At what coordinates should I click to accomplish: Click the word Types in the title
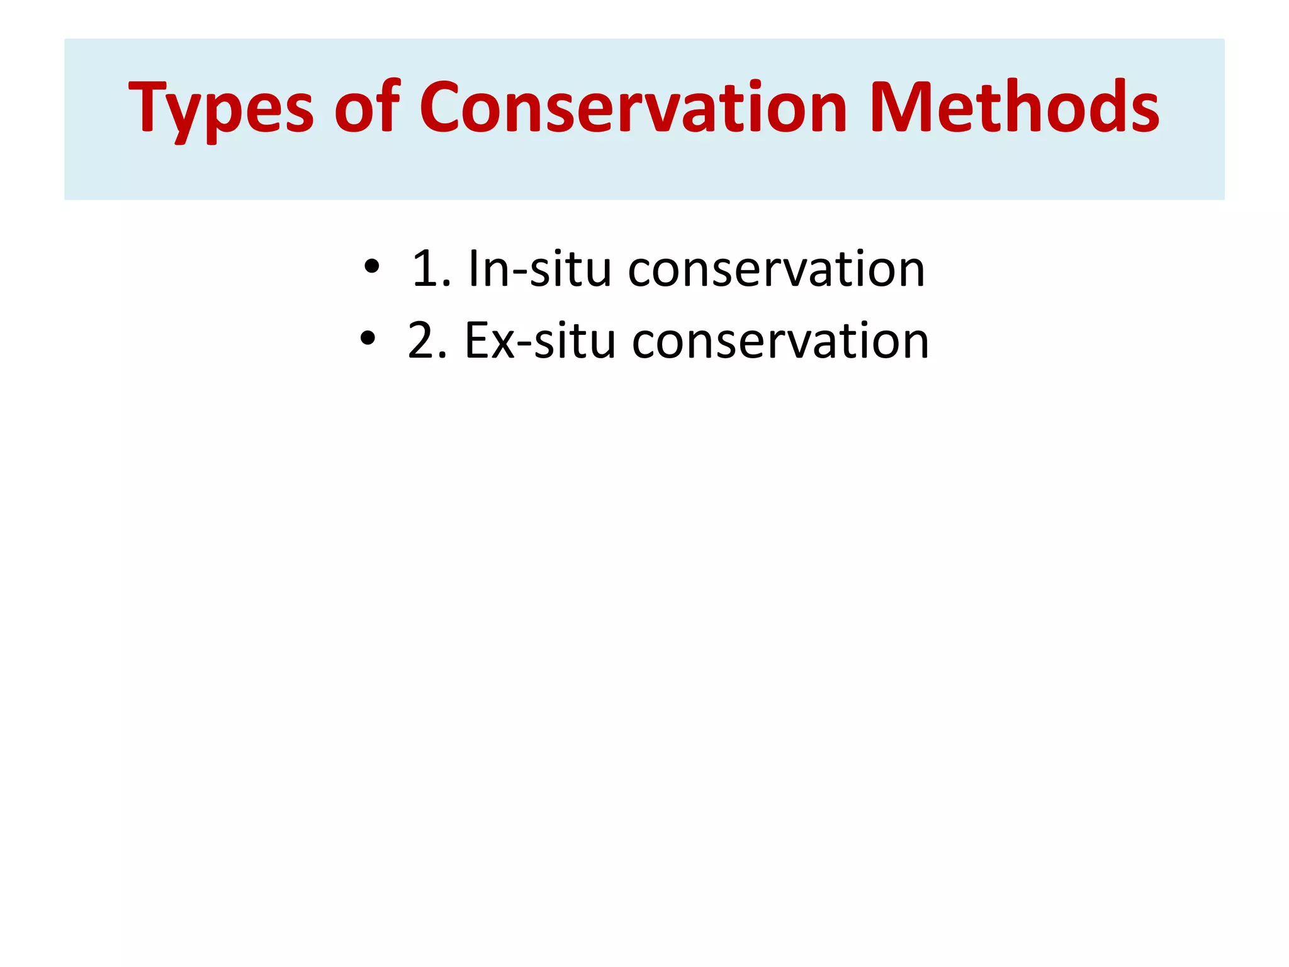(x=220, y=108)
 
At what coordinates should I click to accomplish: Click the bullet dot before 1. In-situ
(x=371, y=267)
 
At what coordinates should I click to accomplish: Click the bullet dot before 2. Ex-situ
(x=368, y=339)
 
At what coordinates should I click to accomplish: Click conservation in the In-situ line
(x=776, y=269)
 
